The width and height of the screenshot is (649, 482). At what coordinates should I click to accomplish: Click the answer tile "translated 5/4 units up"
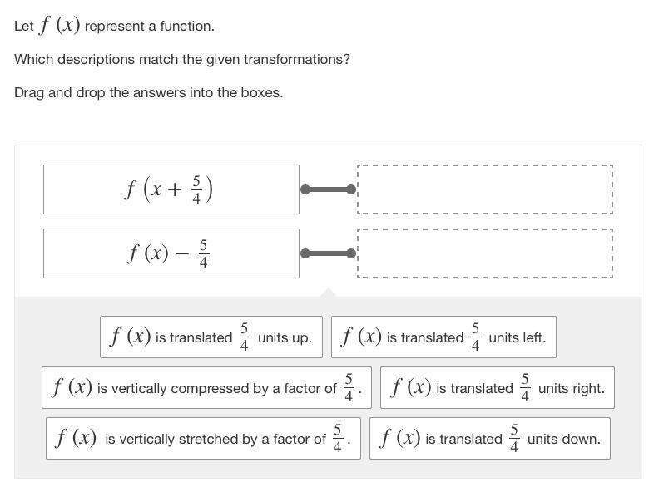pos(211,337)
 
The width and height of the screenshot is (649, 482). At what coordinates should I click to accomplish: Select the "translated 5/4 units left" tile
pos(443,337)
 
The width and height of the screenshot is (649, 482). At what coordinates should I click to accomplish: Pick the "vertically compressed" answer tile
pos(206,388)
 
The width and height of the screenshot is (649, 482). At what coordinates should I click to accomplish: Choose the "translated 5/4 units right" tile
pos(498,388)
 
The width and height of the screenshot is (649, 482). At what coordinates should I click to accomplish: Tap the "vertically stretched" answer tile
pos(203,438)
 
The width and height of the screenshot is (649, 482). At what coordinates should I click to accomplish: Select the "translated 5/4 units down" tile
pos(490,438)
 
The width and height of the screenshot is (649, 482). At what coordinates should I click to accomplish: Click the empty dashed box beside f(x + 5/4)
pos(485,189)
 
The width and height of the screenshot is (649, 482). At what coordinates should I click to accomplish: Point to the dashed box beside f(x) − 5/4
pos(485,253)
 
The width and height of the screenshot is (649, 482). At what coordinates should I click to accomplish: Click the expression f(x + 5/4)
pos(168,189)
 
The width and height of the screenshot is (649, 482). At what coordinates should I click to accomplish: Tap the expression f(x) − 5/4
pos(167,253)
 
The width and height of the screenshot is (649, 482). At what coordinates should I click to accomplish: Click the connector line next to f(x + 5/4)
pos(328,189)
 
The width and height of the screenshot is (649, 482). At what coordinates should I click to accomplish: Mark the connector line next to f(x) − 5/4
pos(328,253)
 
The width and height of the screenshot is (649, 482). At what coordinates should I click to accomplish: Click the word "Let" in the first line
pos(23,26)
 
